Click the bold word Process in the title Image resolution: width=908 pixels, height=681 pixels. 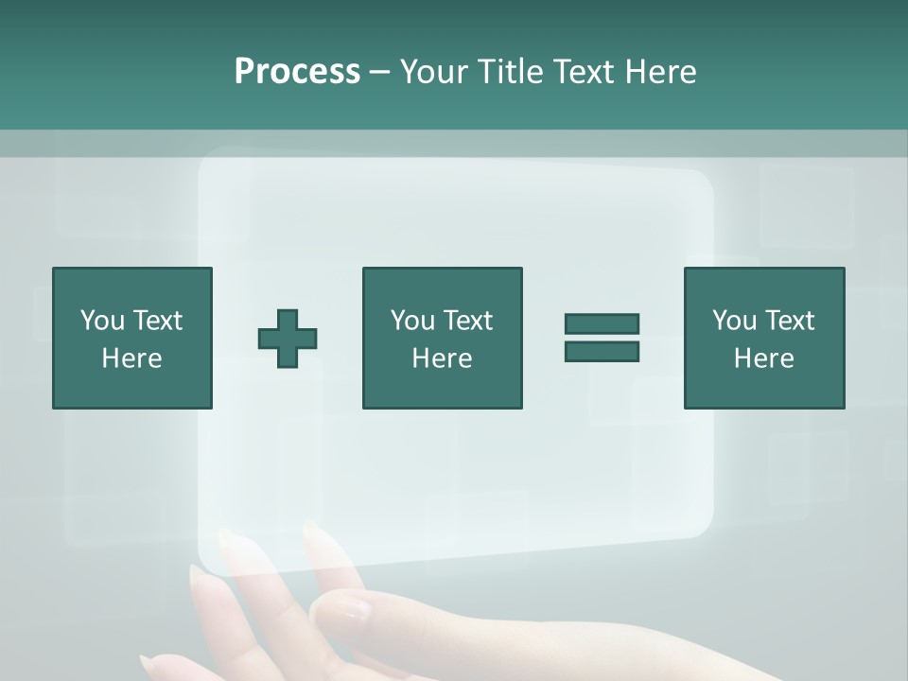tap(297, 72)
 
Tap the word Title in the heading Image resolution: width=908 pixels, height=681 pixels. tap(512, 72)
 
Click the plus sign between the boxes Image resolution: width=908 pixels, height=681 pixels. tap(288, 339)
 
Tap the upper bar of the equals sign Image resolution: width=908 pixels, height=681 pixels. tap(602, 323)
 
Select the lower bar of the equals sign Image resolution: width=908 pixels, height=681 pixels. tap(602, 352)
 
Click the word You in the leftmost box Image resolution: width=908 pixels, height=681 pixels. tap(102, 321)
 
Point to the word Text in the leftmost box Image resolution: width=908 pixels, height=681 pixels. tap(156, 321)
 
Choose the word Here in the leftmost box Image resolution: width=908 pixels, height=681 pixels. tap(131, 358)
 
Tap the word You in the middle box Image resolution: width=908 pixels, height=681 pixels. tap(412, 321)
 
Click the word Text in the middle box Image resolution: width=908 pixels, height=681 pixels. tap(466, 321)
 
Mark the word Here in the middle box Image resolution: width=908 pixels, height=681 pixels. tap(442, 358)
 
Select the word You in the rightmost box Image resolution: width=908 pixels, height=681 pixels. tap(734, 321)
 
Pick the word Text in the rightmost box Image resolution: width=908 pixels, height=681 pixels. tap(788, 321)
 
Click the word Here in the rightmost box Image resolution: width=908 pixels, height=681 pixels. tap(763, 358)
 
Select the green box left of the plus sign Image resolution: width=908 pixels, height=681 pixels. tap(131, 388)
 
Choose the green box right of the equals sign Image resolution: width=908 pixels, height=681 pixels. tap(763, 388)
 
